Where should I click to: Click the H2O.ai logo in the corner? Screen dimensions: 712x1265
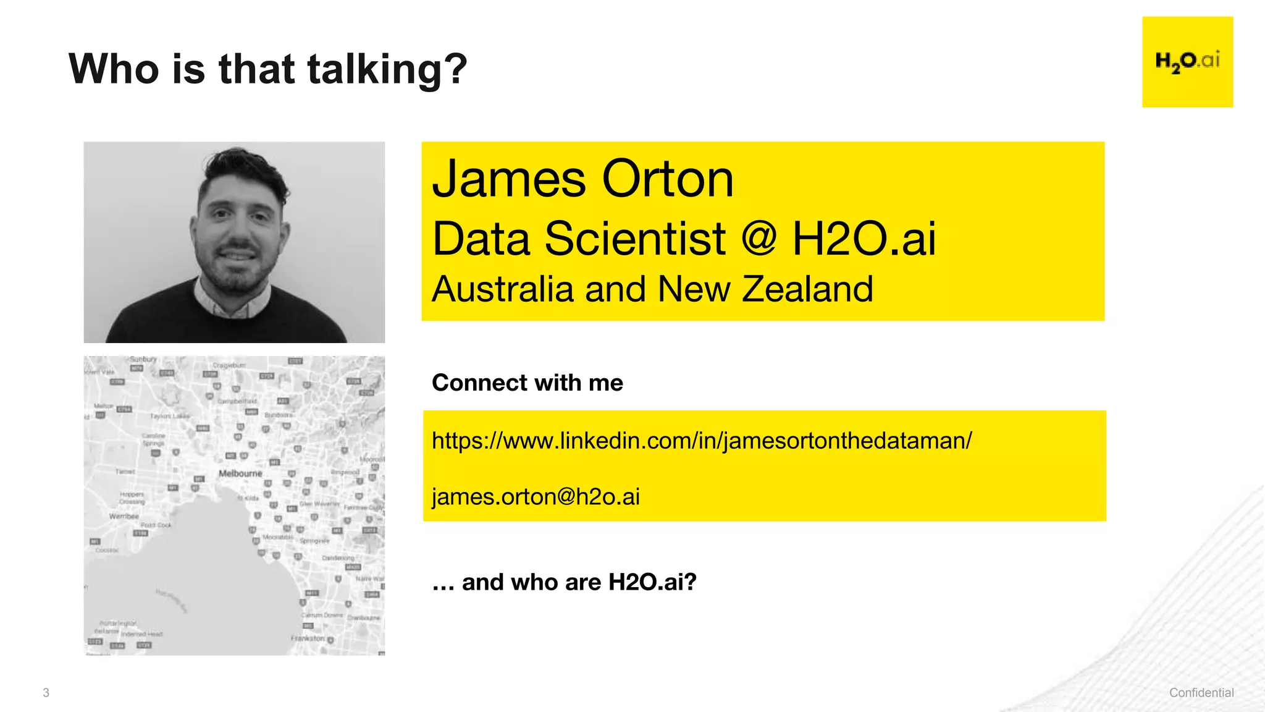point(1187,62)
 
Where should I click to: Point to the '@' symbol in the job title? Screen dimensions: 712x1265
point(759,239)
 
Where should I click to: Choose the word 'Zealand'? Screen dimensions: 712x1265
point(807,289)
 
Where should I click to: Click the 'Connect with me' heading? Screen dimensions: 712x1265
point(527,383)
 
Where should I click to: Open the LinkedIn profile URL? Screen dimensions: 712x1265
point(701,441)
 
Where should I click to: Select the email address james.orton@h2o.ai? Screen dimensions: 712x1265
point(536,496)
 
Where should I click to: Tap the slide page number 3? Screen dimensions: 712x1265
point(46,693)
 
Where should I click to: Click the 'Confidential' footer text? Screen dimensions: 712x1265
point(1201,693)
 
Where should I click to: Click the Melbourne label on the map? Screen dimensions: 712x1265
point(240,473)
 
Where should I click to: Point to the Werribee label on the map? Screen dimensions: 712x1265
point(124,516)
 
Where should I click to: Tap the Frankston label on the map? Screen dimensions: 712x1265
point(308,638)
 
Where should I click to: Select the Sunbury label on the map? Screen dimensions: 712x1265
point(143,359)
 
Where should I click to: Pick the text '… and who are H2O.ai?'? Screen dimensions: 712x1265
point(564,582)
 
